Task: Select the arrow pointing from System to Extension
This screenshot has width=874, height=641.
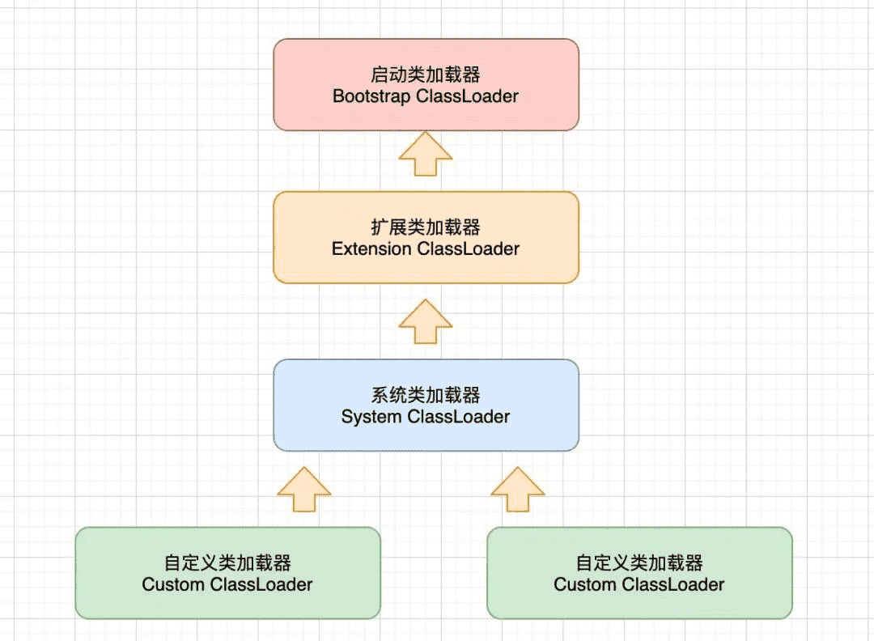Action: coord(426,321)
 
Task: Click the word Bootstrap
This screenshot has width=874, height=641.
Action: coord(371,96)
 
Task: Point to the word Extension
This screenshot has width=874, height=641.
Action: coord(371,249)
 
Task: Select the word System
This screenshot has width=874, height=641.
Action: coord(371,418)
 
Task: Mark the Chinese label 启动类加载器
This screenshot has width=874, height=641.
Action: coord(426,75)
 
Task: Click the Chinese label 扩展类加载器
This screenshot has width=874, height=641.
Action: coord(426,227)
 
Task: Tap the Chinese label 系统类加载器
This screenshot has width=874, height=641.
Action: coord(426,396)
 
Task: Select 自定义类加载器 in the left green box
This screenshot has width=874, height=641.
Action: coord(227,563)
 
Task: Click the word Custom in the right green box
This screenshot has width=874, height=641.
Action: coord(582,584)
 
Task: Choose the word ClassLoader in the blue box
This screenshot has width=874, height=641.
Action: coord(459,418)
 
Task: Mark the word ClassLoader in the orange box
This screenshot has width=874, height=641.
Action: coord(469,249)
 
